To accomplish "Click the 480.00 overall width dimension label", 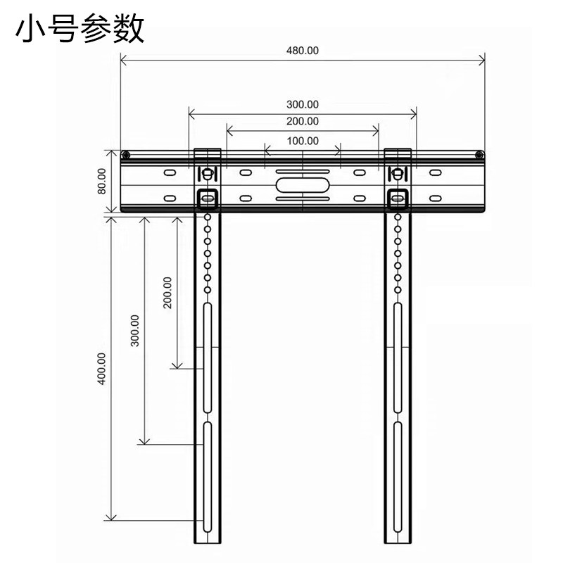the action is click(x=303, y=51).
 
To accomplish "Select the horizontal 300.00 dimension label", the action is click(x=303, y=104).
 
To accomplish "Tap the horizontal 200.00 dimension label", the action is click(x=303, y=121).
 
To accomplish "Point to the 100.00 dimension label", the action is click(x=303, y=141).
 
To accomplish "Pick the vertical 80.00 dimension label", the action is click(x=102, y=181).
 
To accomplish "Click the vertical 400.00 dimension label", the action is click(x=101, y=368).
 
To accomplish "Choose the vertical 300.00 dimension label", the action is click(x=135, y=330).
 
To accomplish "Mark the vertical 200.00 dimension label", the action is click(x=167, y=293).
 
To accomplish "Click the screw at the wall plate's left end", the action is click(x=125, y=156).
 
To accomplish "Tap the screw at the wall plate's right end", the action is click(x=479, y=156).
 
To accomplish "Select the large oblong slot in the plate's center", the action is click(x=302, y=186).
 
